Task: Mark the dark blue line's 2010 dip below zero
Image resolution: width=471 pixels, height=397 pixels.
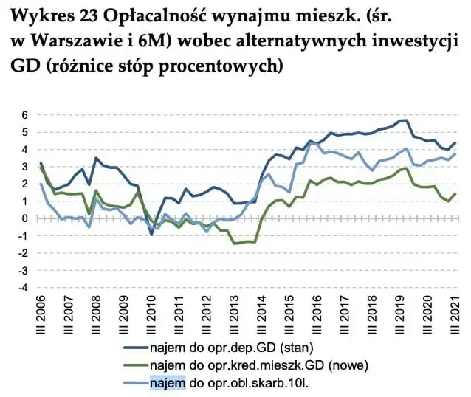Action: click(151, 234)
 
